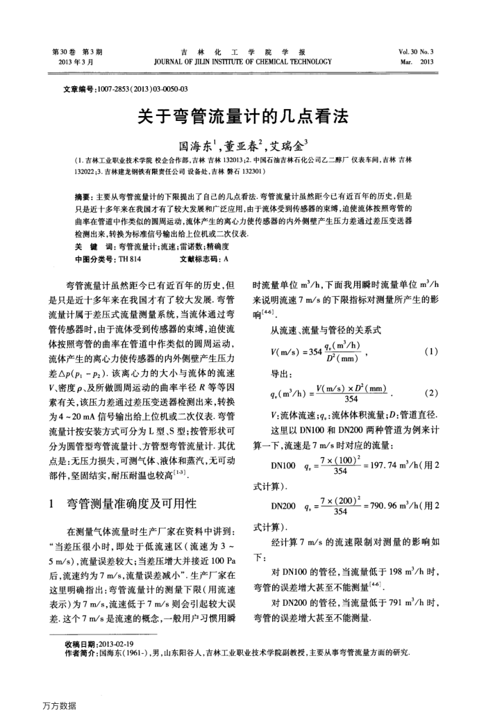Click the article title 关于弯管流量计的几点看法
click(x=243, y=116)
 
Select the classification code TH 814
click(x=130, y=259)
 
